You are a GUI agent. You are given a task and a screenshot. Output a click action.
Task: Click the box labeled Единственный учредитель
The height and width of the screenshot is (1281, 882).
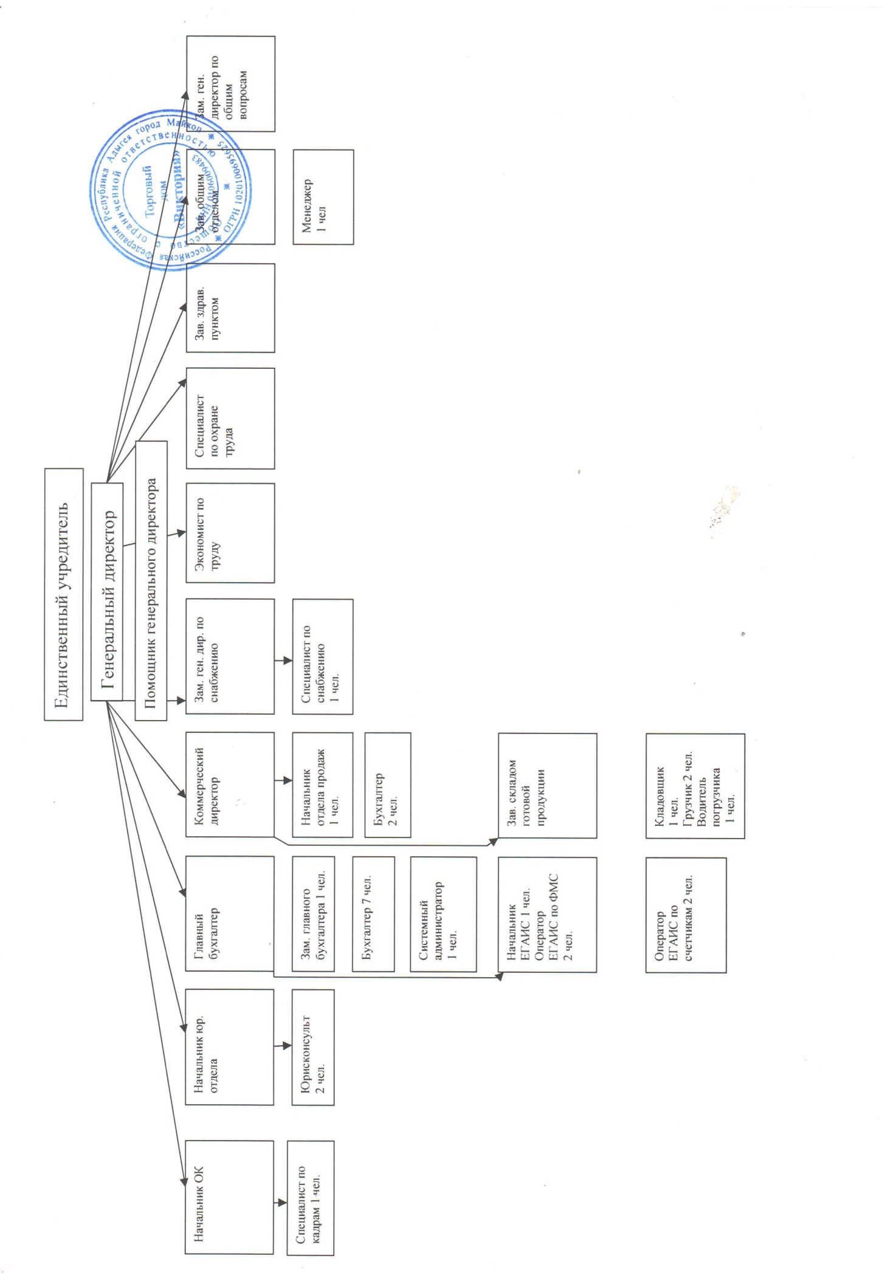63,594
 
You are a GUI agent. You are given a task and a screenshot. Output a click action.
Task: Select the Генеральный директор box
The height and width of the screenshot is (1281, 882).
107,591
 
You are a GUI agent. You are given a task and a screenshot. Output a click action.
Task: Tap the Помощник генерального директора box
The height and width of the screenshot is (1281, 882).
151,580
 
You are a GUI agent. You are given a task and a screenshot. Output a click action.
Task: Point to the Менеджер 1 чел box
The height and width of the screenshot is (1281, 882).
323,197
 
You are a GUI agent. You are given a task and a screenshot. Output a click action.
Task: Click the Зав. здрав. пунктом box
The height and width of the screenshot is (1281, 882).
230,308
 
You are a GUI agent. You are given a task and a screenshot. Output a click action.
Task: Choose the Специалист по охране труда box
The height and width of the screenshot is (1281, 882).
230,418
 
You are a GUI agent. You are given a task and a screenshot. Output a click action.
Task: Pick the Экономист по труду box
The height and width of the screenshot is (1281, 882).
230,533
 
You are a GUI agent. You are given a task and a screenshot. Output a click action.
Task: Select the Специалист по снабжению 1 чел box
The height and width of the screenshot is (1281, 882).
322,656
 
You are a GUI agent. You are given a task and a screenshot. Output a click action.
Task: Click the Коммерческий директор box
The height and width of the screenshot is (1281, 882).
230,785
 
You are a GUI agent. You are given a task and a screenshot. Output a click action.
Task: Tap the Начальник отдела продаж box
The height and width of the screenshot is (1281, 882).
322,785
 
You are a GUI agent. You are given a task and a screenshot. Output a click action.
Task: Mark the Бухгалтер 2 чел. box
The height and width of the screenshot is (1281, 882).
387,785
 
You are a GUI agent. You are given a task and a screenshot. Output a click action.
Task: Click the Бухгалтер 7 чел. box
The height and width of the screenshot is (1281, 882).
373,914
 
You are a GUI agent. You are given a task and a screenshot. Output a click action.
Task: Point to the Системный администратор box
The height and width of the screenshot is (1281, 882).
443,914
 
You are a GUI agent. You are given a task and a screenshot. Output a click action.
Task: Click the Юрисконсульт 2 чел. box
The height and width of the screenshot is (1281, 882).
313,1047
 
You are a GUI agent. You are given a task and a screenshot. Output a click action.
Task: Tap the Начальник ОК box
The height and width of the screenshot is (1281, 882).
229,1197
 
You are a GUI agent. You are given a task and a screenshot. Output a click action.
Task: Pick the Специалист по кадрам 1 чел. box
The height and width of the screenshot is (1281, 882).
310,1198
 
